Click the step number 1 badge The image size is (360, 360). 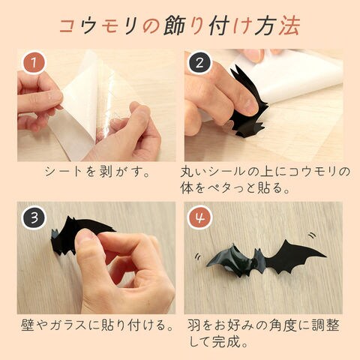(x=33, y=63)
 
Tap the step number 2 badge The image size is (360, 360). (x=199, y=63)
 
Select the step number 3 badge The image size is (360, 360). (x=34, y=217)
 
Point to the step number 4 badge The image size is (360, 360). (x=199, y=217)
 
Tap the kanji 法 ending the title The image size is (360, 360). (x=289, y=25)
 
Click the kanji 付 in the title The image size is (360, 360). (x=219, y=25)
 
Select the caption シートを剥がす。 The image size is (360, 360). (x=97, y=172)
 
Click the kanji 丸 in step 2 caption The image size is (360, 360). (x=187, y=172)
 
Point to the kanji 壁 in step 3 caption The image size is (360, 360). (x=28, y=325)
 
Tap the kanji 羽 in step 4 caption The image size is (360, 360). (x=194, y=325)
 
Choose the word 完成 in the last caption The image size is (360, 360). (x=226, y=341)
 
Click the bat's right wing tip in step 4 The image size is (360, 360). (x=325, y=256)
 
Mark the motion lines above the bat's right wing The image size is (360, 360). (x=312, y=235)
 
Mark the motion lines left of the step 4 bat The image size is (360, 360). (x=198, y=256)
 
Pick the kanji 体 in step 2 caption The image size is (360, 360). (x=187, y=188)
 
